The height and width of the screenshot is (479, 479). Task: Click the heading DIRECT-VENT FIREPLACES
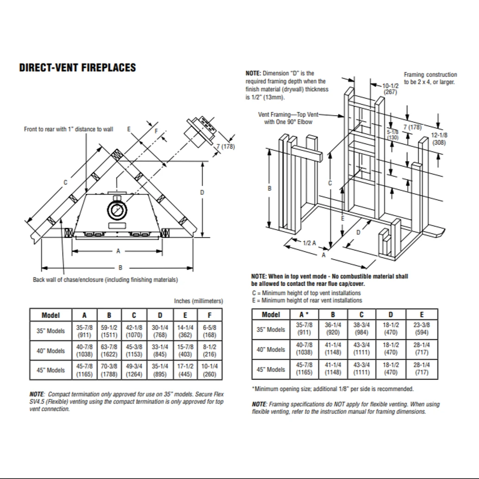77,68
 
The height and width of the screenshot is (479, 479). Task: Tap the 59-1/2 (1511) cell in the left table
109,331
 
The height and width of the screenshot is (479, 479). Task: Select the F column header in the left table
210,315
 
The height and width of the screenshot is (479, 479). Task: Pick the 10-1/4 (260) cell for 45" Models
210,370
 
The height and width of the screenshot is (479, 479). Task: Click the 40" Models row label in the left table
51,351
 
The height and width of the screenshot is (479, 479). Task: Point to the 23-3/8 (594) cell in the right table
422,329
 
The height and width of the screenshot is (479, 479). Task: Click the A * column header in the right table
304,315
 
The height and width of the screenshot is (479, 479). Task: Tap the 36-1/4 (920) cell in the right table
333,329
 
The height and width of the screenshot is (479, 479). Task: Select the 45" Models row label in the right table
271,369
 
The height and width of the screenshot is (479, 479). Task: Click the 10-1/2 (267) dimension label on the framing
391,89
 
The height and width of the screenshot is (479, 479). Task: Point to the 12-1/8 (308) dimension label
439,139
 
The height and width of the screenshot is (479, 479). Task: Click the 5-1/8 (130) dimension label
392,135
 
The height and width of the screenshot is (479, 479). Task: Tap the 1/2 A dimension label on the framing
310,243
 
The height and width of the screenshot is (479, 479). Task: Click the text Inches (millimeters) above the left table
198,301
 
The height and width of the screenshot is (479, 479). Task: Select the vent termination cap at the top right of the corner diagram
200,131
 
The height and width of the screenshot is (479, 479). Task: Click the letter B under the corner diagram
120,267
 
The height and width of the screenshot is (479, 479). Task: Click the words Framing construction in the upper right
430,75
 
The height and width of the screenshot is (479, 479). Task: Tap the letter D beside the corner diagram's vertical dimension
202,192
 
